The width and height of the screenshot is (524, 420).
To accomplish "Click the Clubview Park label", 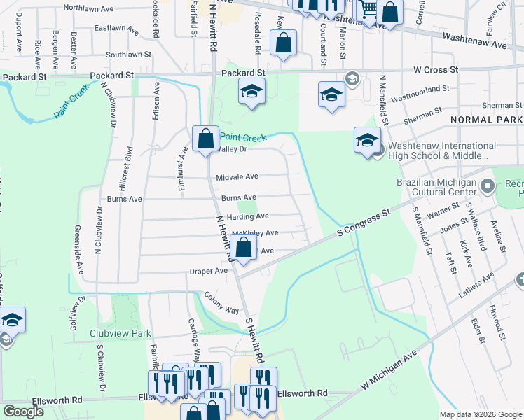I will [x=116, y=333].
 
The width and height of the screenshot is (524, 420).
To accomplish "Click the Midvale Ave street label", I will [x=237, y=177].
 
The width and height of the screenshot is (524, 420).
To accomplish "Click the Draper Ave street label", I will [x=208, y=271].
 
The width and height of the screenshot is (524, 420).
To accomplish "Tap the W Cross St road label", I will [x=435, y=70].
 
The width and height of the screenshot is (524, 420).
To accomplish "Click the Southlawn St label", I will [x=128, y=54].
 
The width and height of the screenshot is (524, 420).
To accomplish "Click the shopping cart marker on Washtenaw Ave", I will [x=368, y=10].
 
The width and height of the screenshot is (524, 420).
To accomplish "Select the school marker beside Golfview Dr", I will [x=11, y=321].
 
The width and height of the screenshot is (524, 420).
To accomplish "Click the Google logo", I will [x=23, y=412].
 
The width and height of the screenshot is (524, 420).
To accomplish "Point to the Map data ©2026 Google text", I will [x=480, y=414].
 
